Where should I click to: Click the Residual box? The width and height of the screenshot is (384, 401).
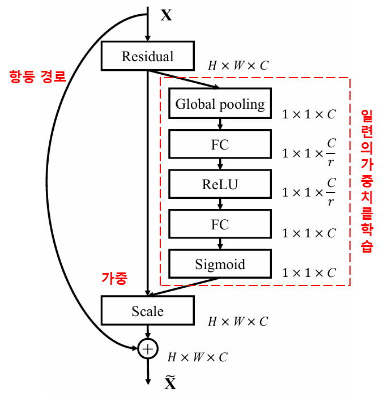147,56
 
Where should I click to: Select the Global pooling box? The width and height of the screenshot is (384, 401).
220,104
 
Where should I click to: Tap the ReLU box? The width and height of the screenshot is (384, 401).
220,185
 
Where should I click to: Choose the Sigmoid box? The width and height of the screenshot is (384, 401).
220,265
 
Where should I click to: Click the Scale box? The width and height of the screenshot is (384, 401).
147,311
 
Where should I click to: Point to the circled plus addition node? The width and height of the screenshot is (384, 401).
147,349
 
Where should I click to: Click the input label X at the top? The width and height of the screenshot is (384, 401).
166,15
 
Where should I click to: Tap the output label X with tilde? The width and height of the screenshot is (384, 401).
170,384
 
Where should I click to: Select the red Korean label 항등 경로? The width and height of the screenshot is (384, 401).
37,77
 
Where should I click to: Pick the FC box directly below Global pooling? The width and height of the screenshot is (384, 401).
220,144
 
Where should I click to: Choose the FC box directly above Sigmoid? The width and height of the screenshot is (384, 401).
220,224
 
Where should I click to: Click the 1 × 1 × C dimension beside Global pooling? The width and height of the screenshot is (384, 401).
309,114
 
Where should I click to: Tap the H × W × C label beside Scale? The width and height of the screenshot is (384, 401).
238,322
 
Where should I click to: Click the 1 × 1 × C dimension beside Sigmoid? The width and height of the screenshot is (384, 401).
309,273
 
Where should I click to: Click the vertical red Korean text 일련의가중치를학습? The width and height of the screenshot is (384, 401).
366,181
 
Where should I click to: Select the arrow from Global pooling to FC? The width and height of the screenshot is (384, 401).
220,124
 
